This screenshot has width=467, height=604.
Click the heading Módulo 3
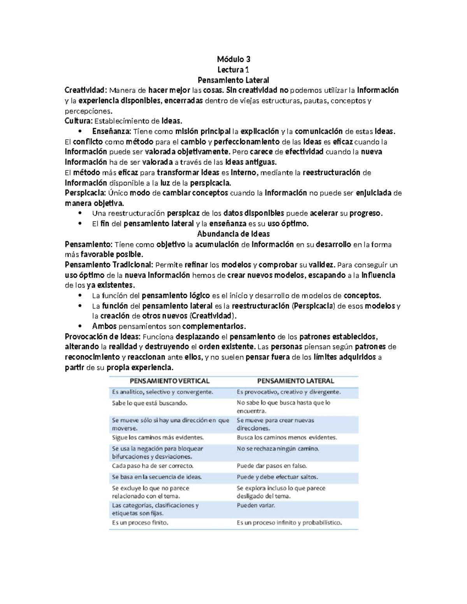click(233, 60)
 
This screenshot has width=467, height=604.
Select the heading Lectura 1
click(233, 70)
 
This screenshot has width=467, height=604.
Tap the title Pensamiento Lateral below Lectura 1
click(233, 80)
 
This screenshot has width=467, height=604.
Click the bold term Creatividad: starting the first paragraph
click(86, 91)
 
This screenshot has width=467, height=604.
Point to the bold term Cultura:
click(78, 121)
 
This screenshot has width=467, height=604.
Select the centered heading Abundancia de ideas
click(233, 234)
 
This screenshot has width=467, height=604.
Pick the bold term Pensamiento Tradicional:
click(109, 265)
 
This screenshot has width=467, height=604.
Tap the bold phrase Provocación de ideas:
click(104, 336)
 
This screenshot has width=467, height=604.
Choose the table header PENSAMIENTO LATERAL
click(296, 381)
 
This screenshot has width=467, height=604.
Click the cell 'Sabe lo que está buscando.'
click(150, 403)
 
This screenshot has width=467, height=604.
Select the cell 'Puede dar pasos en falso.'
click(272, 466)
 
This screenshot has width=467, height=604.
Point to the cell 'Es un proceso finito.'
click(140, 523)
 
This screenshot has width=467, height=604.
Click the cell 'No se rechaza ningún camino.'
click(278, 448)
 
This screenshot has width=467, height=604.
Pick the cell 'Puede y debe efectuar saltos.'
click(277, 477)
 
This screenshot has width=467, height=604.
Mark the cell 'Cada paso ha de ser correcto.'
click(153, 466)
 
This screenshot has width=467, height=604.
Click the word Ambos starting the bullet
click(104, 326)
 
